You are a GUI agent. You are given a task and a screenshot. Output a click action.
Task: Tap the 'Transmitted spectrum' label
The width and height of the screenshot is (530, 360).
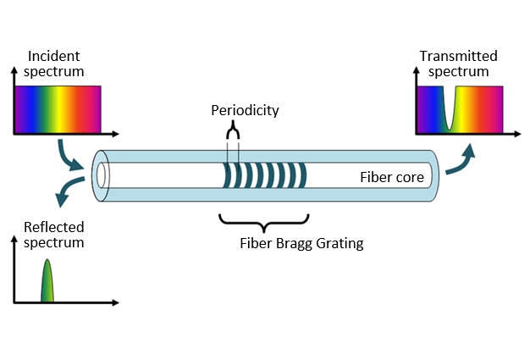458,64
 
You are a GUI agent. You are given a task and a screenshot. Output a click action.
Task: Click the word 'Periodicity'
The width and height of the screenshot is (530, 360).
245,111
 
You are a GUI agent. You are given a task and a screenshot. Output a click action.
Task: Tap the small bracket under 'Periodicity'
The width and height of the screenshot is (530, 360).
233,130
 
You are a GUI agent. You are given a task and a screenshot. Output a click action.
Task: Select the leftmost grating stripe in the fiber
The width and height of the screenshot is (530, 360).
226,176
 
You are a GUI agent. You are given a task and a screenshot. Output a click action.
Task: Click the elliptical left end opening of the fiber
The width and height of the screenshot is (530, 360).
102,175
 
